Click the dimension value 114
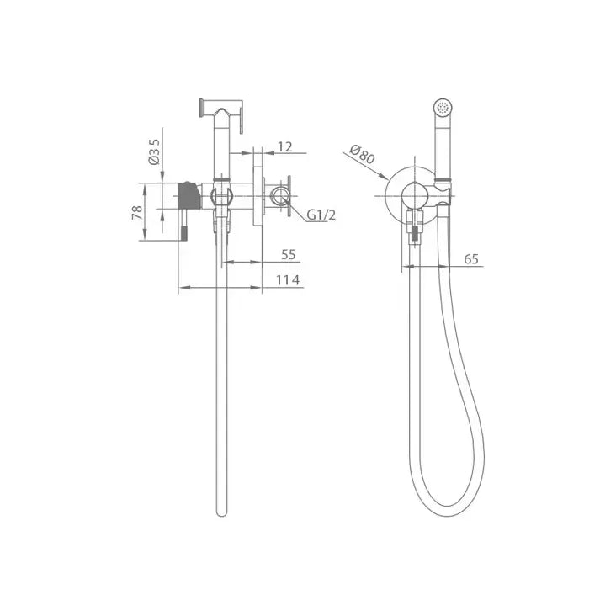(x=288, y=280)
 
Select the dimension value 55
(x=289, y=255)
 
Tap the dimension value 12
(x=285, y=146)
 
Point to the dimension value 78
(x=137, y=213)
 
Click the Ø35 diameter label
(x=154, y=151)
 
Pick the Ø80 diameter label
(x=362, y=154)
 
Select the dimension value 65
(x=471, y=259)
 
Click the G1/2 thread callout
(x=321, y=215)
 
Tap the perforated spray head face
(x=443, y=107)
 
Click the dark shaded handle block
(x=189, y=195)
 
